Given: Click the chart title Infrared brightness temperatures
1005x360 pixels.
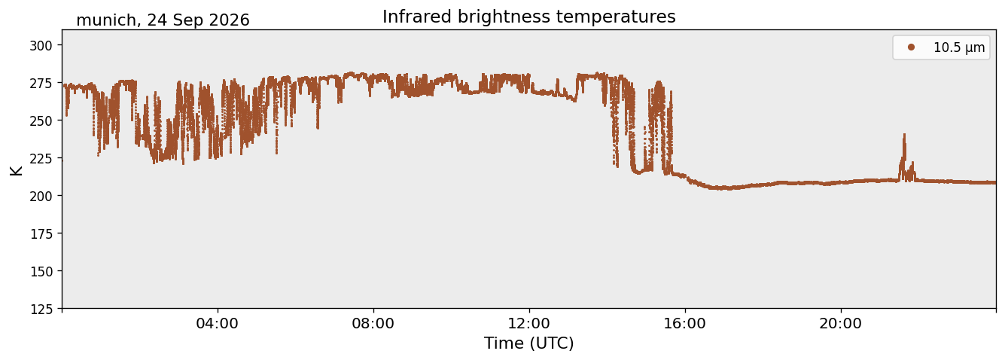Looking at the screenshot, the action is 529,17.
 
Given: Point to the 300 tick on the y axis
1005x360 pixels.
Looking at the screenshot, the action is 41,46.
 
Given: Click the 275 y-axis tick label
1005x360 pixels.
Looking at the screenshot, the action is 41,84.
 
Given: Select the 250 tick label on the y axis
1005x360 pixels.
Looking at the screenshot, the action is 41,121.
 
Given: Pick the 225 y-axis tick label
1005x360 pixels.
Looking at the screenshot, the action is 41,159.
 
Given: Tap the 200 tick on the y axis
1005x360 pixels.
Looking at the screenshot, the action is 41,196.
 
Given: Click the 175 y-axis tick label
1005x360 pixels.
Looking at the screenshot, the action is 41,234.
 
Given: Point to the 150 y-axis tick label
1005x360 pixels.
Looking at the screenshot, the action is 41,272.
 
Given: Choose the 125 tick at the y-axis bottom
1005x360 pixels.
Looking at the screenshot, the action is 41,310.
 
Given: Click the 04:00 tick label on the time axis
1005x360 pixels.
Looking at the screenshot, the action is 218,324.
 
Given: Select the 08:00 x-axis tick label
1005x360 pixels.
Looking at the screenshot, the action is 373,324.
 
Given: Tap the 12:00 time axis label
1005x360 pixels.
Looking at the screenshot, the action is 529,324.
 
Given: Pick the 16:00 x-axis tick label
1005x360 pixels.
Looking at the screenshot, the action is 685,324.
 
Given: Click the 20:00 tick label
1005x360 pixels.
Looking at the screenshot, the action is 841,324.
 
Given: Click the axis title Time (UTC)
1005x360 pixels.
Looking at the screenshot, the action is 529,343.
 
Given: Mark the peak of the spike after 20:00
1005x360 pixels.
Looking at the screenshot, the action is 905,134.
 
